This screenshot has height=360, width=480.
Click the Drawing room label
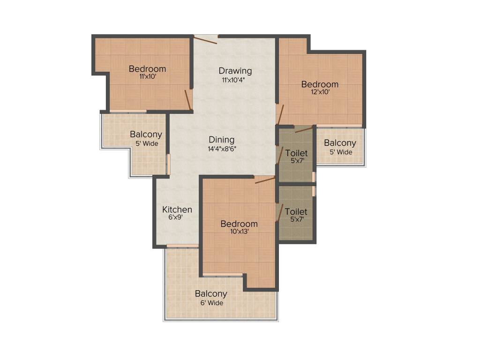235,71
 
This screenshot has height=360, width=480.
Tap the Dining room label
222,140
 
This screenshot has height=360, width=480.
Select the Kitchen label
177,210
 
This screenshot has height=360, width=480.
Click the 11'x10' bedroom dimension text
147,77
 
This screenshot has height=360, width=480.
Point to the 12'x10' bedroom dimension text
320,92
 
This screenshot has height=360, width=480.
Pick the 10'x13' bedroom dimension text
239,231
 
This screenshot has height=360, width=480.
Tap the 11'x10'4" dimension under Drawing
234,80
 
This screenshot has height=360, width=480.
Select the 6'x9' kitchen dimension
177,217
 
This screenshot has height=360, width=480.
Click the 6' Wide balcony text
211,303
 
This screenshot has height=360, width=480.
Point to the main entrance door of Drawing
206,39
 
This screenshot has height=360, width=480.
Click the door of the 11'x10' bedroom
188,99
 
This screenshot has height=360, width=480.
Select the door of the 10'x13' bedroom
265,180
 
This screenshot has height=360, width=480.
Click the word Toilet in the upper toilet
297,153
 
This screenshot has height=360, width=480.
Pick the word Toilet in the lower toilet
296,212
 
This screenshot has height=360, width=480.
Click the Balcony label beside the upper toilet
340,143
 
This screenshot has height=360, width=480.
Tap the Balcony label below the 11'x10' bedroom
146,135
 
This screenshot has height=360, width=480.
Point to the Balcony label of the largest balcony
211,294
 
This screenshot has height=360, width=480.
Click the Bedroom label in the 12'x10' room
320,84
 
